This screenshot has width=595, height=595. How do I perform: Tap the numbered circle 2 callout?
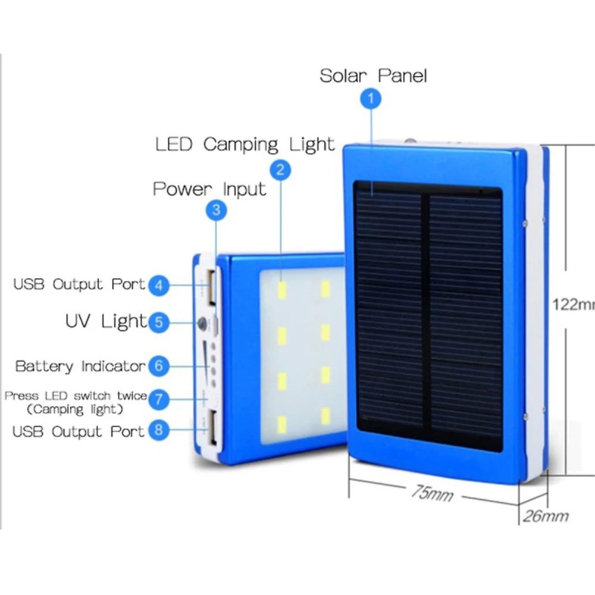[280, 170]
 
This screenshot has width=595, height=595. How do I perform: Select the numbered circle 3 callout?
[216, 209]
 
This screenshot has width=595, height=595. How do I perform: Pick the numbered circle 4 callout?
[158, 285]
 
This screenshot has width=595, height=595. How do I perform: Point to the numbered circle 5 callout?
[158, 322]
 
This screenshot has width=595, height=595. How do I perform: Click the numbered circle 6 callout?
[158, 365]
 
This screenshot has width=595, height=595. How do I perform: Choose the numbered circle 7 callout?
[158, 399]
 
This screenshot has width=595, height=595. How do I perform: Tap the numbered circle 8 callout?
[158, 430]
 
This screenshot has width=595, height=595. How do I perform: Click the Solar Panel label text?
[373, 76]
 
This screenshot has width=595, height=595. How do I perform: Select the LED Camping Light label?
[245, 145]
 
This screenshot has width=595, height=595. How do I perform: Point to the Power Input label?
[209, 189]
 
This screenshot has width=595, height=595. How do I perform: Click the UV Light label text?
[106, 322]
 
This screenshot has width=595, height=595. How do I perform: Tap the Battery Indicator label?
[80, 366]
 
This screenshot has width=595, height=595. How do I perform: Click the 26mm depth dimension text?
[546, 516]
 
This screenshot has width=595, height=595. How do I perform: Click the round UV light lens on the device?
[203, 324]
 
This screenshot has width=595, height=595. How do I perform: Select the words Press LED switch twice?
[76, 395]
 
